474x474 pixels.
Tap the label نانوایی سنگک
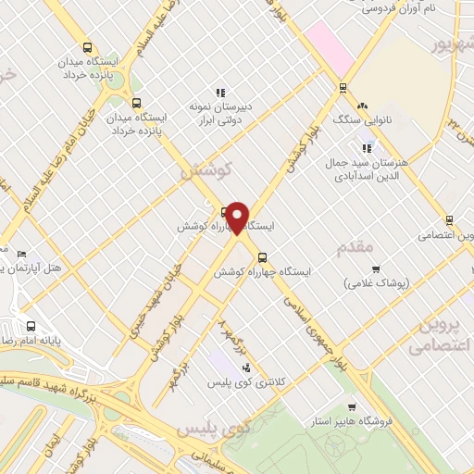356,119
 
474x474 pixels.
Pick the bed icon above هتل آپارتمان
22,253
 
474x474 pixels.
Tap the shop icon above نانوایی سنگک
362,106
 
